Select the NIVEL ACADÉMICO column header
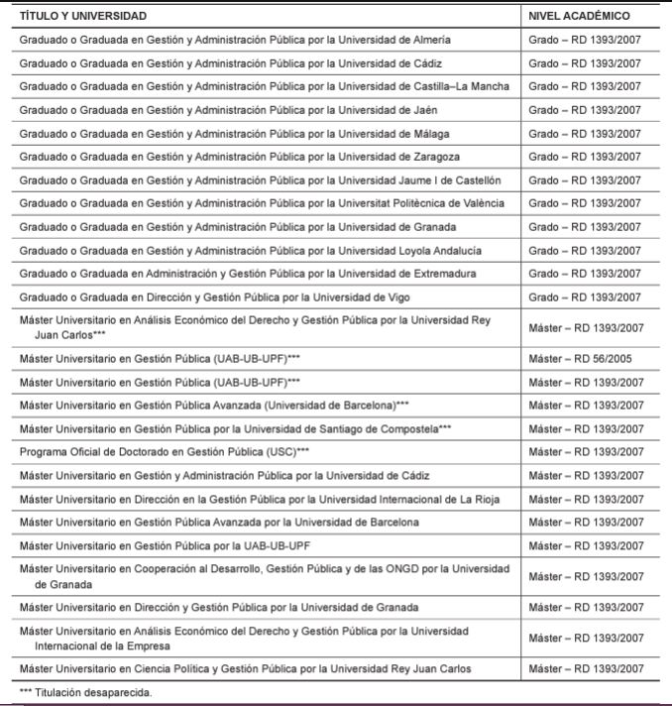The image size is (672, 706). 580,17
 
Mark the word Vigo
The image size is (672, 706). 396,296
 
